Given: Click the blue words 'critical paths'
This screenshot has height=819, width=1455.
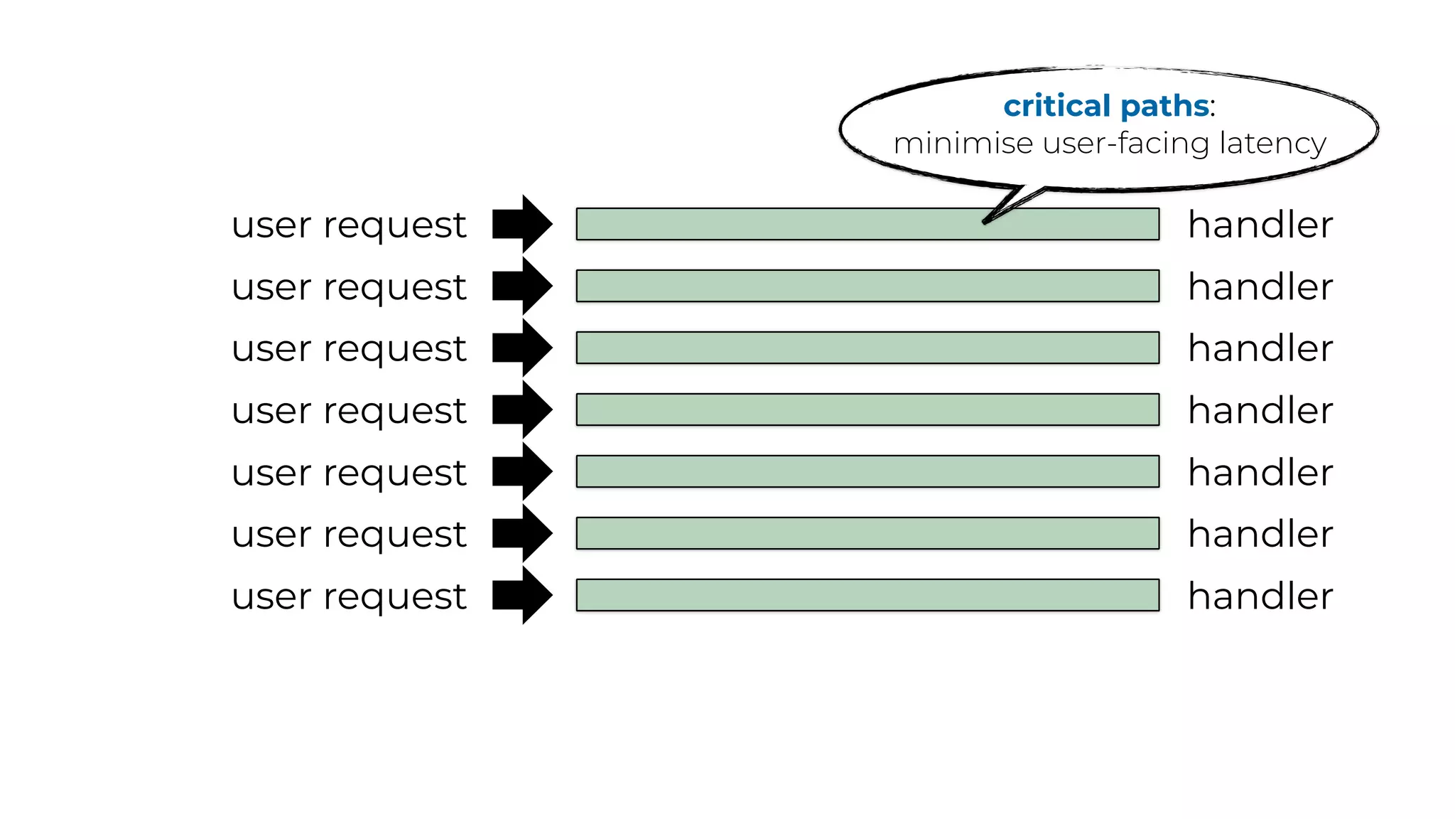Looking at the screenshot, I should point(1105,107).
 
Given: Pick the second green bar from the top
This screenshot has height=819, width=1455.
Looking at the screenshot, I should point(867,286).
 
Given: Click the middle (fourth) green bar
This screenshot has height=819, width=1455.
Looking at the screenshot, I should point(867,409).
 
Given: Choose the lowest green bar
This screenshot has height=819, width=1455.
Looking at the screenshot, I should point(867,595).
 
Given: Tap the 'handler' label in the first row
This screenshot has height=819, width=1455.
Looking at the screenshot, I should point(1260,225).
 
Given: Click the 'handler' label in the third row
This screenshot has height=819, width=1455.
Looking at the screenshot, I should point(1260,348).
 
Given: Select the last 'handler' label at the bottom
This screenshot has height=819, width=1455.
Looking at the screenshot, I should point(1260,596).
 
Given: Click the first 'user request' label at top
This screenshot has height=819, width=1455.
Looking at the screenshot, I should point(349,226).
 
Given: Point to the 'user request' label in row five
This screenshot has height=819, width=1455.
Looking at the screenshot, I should point(349,473).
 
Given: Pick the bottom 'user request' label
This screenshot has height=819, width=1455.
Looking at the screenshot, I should point(349,597).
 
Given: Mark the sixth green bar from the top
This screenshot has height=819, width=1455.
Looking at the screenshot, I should point(867,533).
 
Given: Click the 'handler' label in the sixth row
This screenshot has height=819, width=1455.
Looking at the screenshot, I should point(1260,534).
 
